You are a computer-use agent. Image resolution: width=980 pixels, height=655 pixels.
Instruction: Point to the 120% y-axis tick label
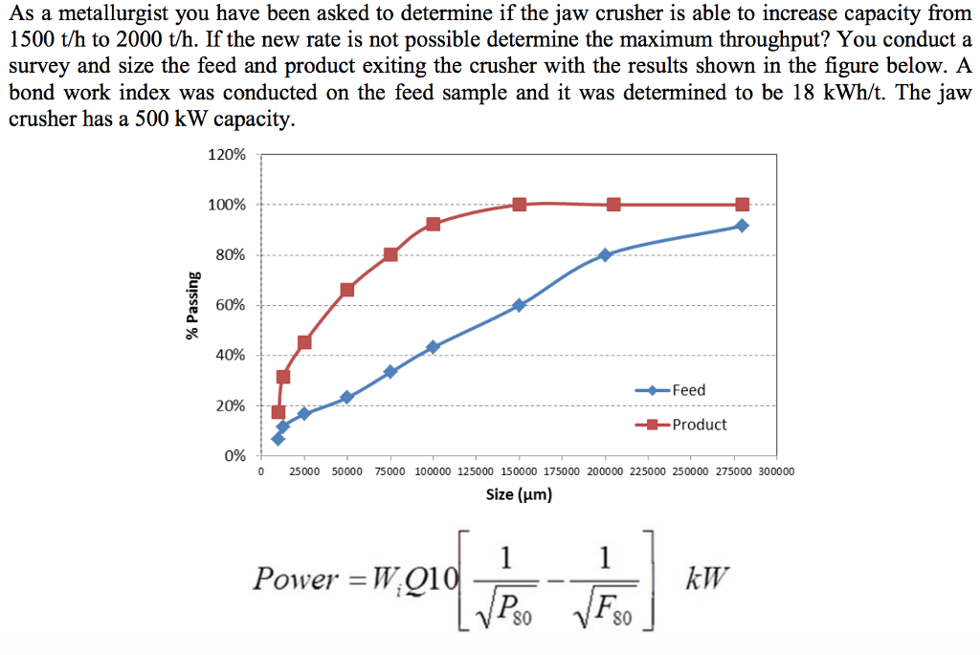coord(227,155)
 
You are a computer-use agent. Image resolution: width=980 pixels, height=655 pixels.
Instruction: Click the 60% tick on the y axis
coord(230,305)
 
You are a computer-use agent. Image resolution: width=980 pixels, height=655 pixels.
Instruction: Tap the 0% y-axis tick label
coord(234,455)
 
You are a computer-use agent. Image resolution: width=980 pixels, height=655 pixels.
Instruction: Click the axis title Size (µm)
coord(519,494)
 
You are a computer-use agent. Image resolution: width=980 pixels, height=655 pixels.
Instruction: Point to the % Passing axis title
coord(193,305)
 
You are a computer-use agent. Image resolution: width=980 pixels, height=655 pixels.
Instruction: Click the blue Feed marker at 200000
coord(605,255)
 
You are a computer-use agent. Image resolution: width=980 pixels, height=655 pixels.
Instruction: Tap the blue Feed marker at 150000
coord(519,305)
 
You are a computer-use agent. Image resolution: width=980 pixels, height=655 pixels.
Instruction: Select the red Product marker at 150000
coord(519,205)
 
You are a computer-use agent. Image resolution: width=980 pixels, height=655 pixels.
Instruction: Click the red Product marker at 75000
coord(390,254)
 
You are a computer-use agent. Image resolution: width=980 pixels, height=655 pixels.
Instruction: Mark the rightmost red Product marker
coord(742,205)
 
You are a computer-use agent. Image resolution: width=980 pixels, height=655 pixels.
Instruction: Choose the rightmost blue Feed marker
coord(742,226)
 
